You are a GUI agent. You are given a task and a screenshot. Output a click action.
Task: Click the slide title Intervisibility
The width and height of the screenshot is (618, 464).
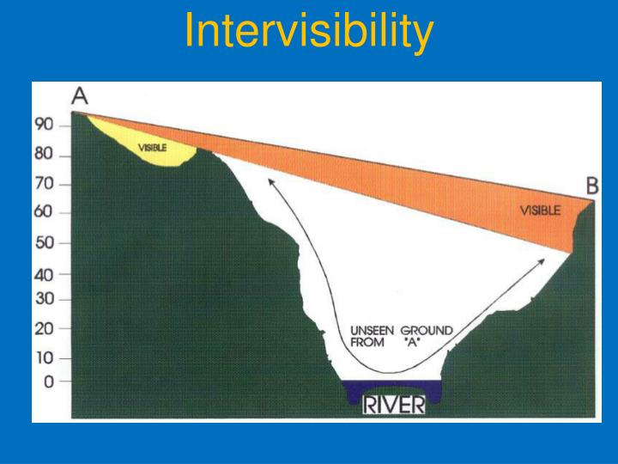(309, 32)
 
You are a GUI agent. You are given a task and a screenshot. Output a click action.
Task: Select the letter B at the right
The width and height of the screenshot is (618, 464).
(592, 185)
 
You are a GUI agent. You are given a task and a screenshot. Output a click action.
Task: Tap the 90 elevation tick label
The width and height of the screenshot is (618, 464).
(44, 125)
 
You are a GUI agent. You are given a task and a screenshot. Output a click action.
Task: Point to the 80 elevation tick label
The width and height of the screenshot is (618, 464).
(44, 156)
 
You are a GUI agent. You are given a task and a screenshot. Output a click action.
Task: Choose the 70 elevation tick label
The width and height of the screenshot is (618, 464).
(44, 184)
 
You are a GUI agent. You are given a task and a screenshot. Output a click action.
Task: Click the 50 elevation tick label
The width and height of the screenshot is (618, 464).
(44, 242)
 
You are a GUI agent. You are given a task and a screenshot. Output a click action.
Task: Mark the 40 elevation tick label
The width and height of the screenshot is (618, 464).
(44, 275)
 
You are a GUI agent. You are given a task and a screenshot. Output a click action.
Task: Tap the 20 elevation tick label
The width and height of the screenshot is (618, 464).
(44, 328)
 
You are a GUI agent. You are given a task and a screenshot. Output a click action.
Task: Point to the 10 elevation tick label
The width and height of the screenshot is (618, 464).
(44, 357)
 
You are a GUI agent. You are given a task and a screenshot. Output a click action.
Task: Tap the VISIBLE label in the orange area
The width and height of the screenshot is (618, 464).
(540, 210)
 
